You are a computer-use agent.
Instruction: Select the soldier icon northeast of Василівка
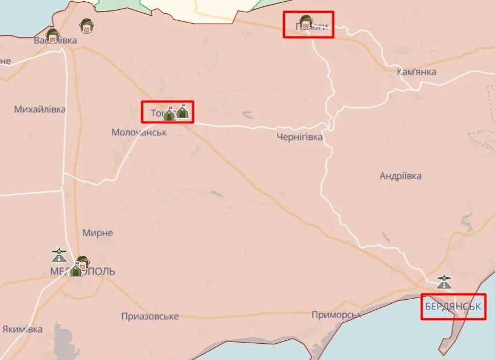[86, 25]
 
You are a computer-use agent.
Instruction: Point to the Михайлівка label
[39, 109]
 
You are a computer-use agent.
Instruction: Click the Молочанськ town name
[139, 133]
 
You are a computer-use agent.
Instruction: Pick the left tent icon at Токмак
[169, 113]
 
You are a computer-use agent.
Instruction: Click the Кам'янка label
[417, 72]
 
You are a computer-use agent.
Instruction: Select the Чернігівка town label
[299, 137]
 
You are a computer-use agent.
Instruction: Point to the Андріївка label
[401, 176]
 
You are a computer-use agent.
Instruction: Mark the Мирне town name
[97, 233]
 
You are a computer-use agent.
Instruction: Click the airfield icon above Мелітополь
[59, 254]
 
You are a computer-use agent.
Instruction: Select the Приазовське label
[150, 317]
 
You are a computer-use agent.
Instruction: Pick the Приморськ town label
[336, 314]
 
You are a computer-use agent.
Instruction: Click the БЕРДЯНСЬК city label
[453, 306]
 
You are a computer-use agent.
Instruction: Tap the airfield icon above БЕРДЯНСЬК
[444, 282]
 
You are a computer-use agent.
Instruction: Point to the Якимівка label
[22, 329]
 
